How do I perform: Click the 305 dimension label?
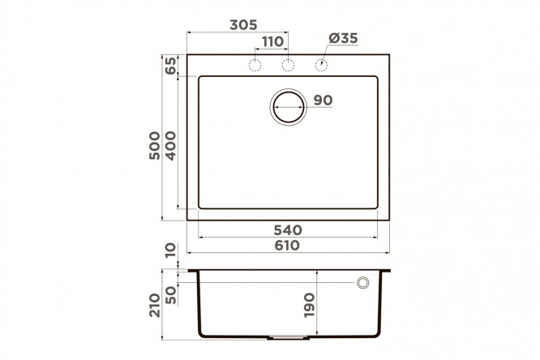click(x=243, y=25)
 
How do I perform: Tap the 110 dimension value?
click(x=272, y=41)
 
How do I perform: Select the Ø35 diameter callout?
click(x=343, y=38)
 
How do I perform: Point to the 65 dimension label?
click(x=170, y=66)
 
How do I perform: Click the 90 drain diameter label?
click(x=323, y=101)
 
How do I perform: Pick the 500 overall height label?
click(x=155, y=145)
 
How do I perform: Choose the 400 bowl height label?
click(x=170, y=146)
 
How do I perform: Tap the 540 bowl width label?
click(x=288, y=229)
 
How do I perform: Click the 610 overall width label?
click(x=287, y=246)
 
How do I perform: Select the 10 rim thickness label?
click(x=170, y=251)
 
